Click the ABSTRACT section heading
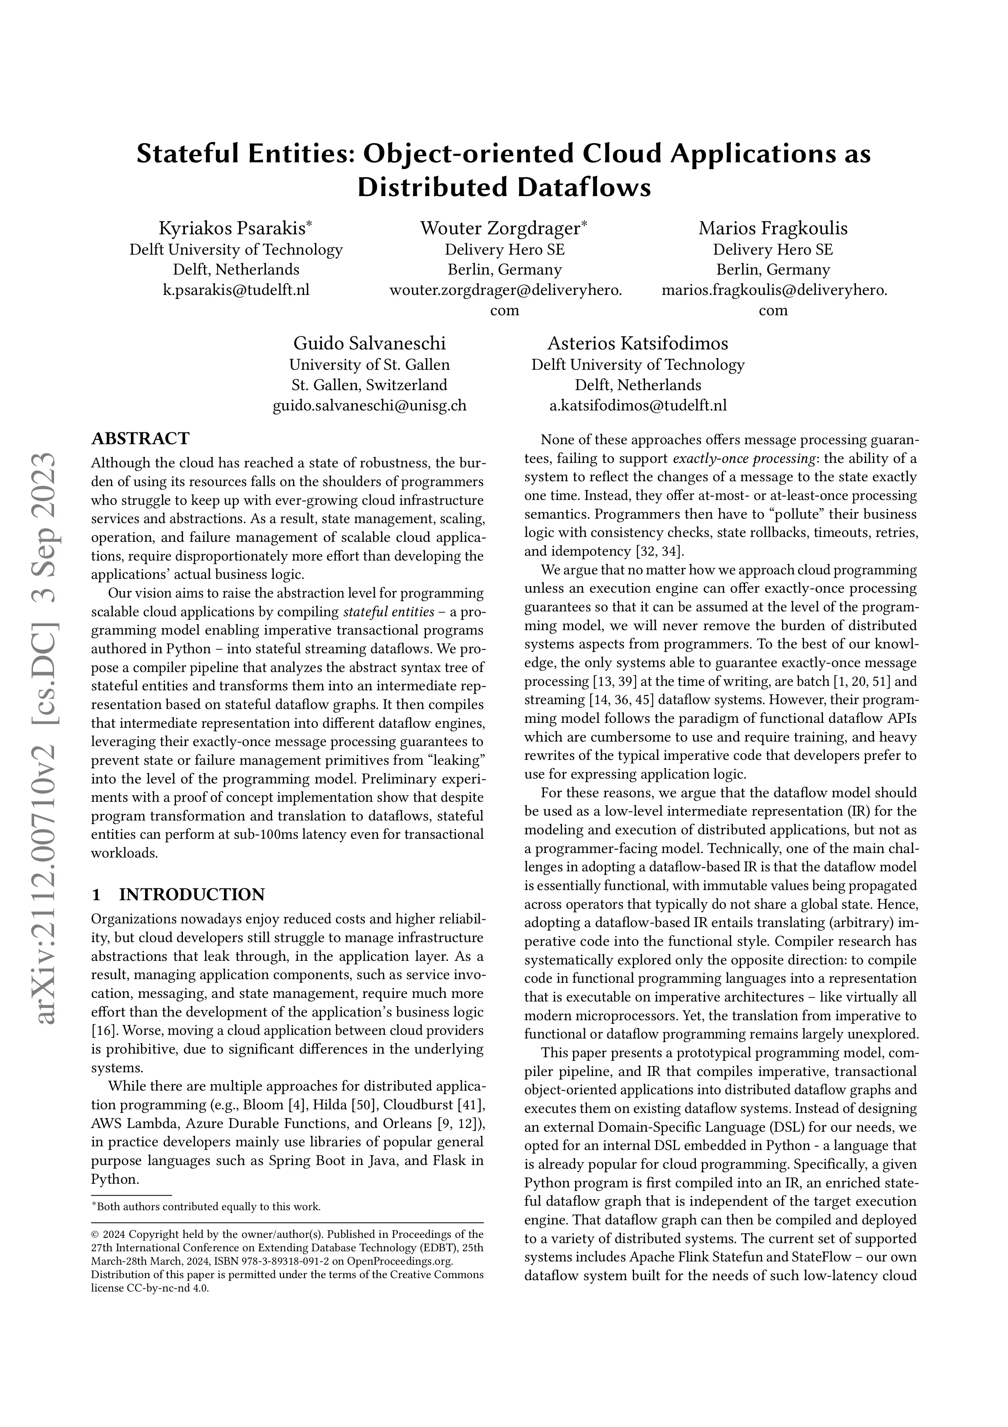tap(140, 439)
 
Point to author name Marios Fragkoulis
tap(773, 229)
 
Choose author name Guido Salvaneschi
tap(369, 344)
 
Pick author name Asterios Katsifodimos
tap(637, 344)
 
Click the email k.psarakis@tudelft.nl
tap(236, 290)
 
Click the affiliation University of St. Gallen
tap(369, 365)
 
